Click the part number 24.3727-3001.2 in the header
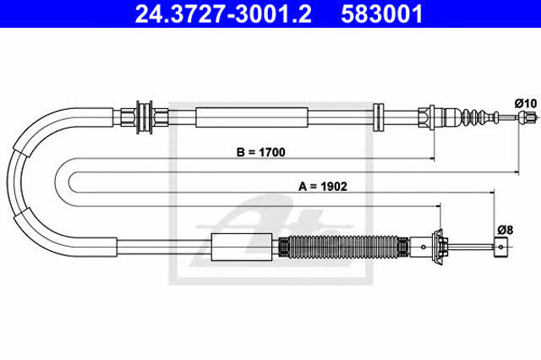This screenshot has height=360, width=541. click(223, 14)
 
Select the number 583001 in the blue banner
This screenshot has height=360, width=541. click(381, 14)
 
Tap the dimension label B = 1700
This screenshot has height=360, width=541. click(261, 152)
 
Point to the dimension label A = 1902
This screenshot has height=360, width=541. click(323, 187)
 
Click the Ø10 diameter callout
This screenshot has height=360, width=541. click(526, 103)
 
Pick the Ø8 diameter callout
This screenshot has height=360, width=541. click(505, 230)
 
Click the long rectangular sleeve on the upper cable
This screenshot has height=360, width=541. click(252, 117)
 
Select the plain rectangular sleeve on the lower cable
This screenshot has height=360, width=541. click(241, 247)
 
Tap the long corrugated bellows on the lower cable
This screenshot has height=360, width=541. click(343, 247)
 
